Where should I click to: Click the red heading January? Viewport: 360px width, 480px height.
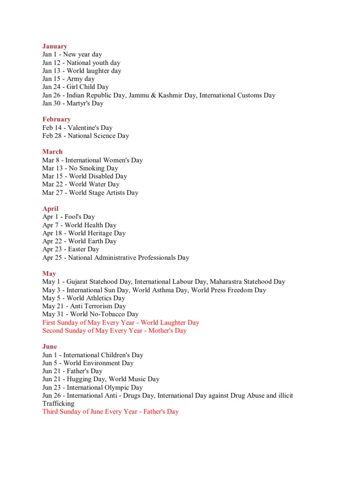click(54, 46)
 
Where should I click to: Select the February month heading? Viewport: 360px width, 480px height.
click(56, 119)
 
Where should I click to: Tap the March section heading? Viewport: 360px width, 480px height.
click(52, 151)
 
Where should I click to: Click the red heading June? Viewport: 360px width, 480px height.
click(49, 346)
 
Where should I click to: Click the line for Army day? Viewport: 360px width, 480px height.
click(68, 79)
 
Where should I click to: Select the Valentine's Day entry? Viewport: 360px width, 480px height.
click(77, 127)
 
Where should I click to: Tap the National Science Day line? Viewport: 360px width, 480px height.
click(85, 135)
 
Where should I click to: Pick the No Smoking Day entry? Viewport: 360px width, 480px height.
click(80, 168)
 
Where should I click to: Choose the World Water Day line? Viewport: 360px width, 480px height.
click(81, 184)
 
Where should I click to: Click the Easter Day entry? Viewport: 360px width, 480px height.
click(71, 249)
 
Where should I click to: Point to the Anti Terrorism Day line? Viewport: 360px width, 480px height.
click(84, 306)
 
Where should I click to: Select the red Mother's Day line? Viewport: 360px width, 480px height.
click(114, 330)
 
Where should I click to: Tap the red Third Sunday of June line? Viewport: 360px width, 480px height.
click(111, 412)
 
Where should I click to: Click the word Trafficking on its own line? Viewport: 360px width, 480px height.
click(58, 403)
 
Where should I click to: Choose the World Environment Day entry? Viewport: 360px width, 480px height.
click(88, 363)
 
